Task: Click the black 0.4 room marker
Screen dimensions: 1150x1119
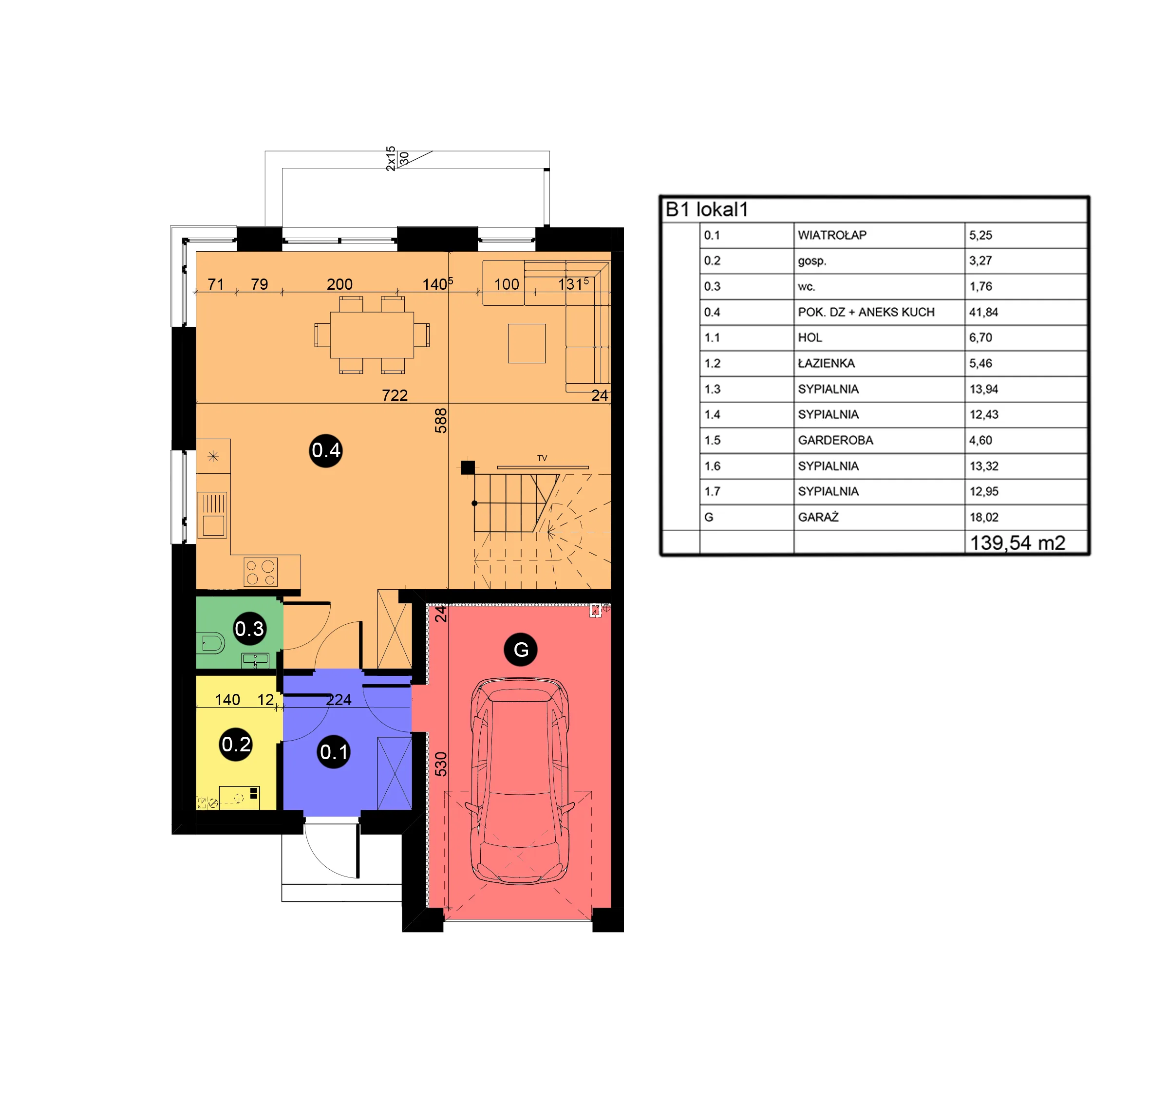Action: coord(326,451)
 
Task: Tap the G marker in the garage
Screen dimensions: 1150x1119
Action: coord(521,650)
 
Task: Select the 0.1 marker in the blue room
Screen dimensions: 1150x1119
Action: coord(334,752)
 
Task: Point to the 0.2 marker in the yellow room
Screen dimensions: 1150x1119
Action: coord(236,744)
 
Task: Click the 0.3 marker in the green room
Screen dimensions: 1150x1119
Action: coord(249,629)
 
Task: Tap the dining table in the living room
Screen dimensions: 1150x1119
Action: coord(372,335)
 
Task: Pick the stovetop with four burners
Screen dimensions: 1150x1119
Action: coord(261,572)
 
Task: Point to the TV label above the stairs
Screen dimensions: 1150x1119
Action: coord(542,458)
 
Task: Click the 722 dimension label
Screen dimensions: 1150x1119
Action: coord(395,395)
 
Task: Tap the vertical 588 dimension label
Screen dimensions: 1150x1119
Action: coord(440,421)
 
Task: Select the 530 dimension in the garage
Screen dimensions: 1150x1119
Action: coord(440,764)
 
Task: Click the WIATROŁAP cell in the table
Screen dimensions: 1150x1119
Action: coord(832,235)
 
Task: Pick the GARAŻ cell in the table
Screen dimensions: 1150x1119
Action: coord(818,517)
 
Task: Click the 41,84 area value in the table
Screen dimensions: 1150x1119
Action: coord(983,312)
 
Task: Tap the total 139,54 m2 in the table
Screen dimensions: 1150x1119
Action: coord(1017,542)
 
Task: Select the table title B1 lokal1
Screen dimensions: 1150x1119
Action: coord(706,209)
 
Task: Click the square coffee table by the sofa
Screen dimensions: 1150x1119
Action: coord(527,343)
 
